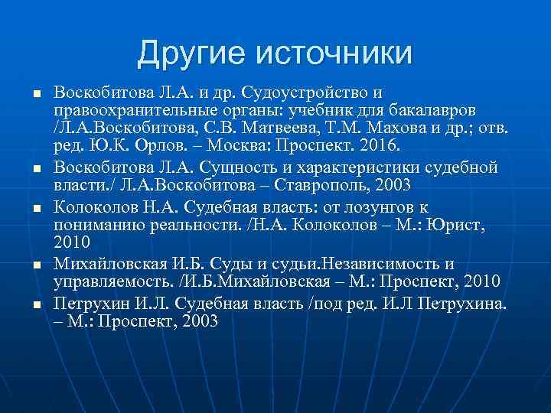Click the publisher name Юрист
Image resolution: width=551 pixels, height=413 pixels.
coord(453,226)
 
